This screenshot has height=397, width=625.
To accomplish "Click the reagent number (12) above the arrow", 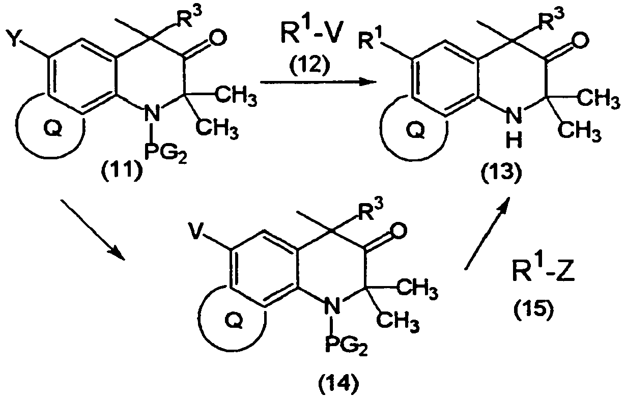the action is point(308,66).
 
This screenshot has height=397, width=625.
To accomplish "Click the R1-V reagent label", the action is point(308,36).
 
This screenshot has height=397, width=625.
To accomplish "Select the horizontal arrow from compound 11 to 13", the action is point(319,82).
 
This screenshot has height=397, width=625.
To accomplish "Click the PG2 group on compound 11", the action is point(165,154).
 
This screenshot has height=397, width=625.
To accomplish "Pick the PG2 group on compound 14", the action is point(347,346).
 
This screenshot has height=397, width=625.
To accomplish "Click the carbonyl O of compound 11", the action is point(216,38).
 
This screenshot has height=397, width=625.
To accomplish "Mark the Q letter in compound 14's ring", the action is point(234,321).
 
